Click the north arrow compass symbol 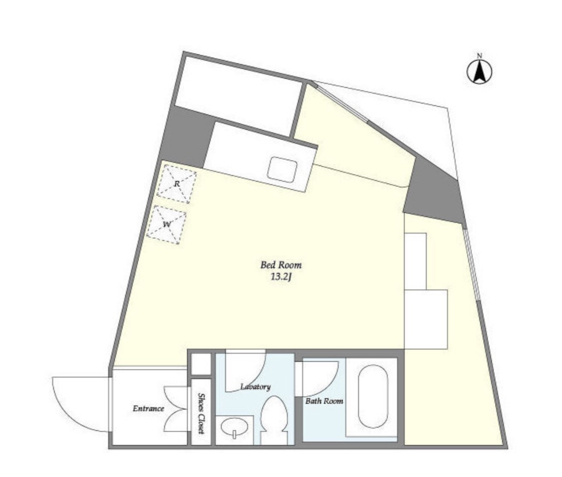[x=479, y=71]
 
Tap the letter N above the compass [x=480, y=55]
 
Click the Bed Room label [x=281, y=265]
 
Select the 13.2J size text [x=281, y=277]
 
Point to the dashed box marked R [x=177, y=184]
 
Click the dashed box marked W [x=167, y=225]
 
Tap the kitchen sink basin [x=283, y=169]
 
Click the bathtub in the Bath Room [x=373, y=396]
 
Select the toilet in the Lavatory [x=274, y=419]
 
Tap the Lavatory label [x=255, y=386]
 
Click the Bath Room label [x=324, y=401]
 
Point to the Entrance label [x=148, y=408]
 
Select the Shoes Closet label [x=202, y=414]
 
